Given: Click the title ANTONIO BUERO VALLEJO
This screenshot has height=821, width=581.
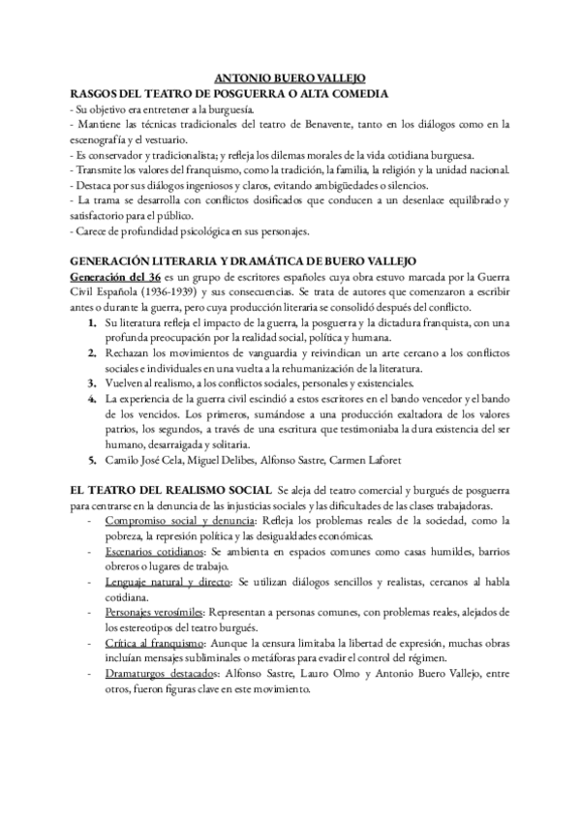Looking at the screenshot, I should pos(290,78).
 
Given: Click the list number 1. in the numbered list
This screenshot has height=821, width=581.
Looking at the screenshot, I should pos(92,324).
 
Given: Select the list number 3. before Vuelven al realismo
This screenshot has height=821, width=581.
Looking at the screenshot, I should pos(92,386).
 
